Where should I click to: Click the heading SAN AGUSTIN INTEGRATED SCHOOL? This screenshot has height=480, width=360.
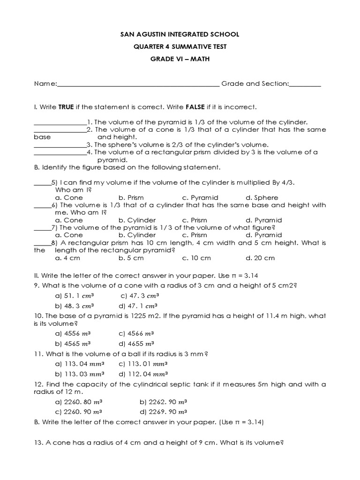[180, 35]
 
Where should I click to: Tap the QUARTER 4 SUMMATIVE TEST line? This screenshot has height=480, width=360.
[180, 46]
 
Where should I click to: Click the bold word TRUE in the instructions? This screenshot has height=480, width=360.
[66, 107]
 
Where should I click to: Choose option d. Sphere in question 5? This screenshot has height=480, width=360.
[262, 198]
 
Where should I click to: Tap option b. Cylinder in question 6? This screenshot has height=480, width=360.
[137, 220]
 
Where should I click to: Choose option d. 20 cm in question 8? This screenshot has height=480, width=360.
[260, 258]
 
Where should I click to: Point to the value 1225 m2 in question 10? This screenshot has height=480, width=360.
[128, 316]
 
